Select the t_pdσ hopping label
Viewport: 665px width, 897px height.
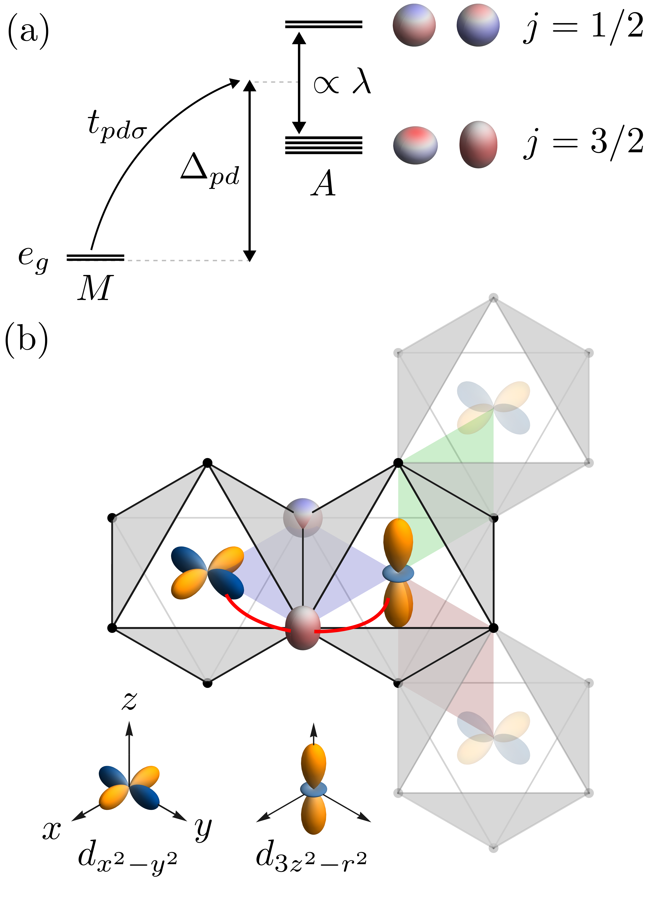point(117,126)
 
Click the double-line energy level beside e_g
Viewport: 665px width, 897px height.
point(95,258)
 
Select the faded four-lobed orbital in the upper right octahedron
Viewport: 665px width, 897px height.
point(493,408)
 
